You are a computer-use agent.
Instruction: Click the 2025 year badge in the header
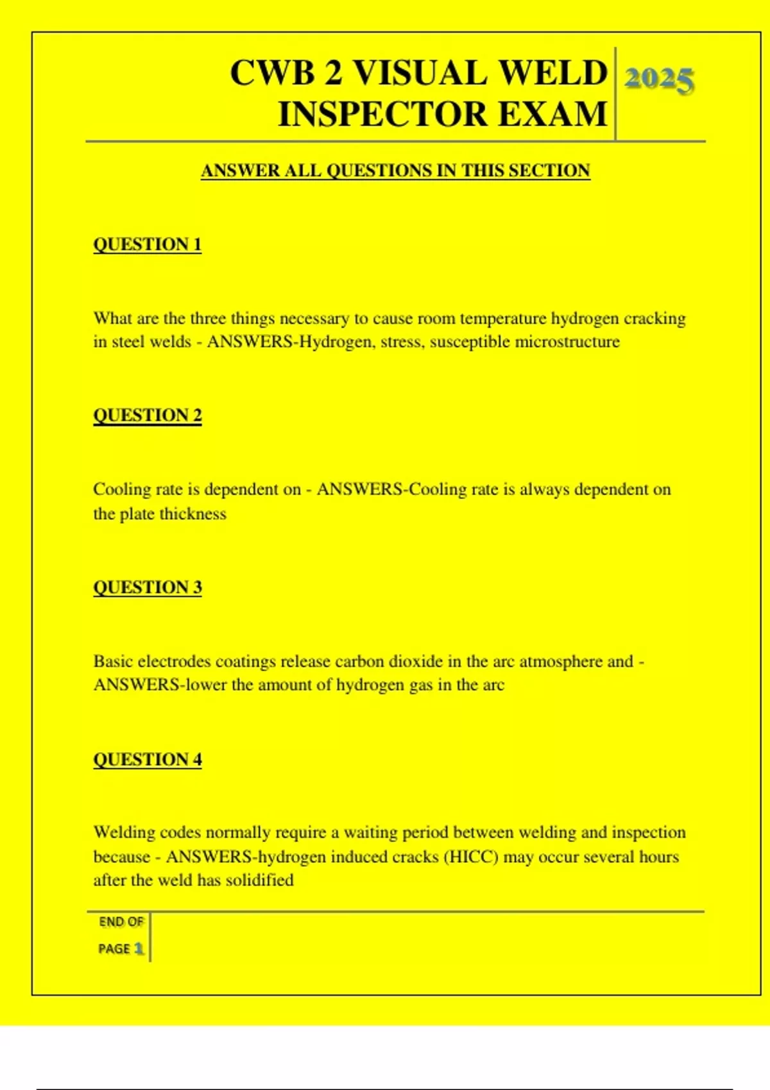tap(659, 80)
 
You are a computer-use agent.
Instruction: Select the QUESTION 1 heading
tap(148, 244)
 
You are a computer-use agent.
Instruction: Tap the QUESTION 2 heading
tap(148, 415)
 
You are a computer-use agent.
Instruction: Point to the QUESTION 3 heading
tap(148, 587)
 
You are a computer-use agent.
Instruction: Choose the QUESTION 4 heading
tap(148, 759)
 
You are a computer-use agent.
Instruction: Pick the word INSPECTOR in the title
tap(382, 114)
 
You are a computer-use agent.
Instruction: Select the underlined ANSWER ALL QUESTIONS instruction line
tap(395, 171)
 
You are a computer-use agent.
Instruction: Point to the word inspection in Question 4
tap(648, 832)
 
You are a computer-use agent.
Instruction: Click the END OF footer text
tap(121, 922)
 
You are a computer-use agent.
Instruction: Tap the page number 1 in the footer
tap(139, 948)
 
